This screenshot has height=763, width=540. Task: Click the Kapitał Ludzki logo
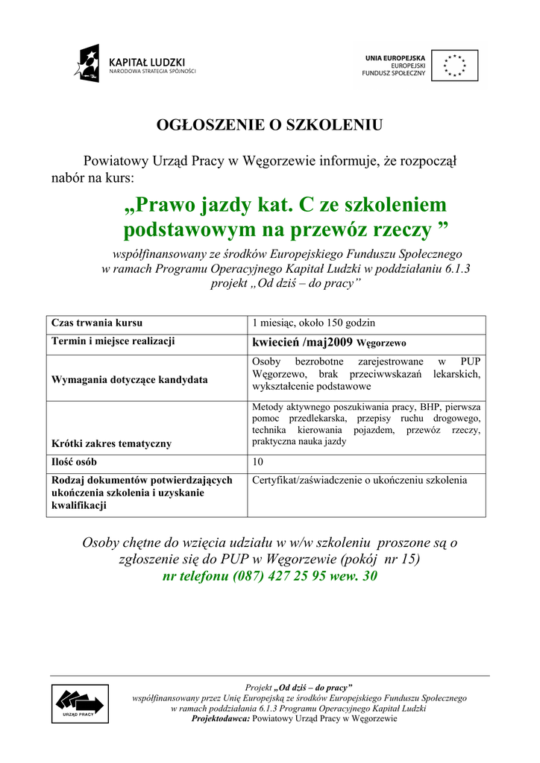(134, 64)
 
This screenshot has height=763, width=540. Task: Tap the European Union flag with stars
(455, 65)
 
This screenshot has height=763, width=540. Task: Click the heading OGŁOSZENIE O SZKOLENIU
(269, 125)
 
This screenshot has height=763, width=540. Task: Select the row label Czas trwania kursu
(97, 323)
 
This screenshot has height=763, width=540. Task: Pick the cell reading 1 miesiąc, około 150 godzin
(313, 323)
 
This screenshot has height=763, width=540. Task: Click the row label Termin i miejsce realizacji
(113, 341)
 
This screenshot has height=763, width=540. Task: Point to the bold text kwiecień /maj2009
(303, 343)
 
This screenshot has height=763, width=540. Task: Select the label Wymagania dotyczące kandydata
(129, 379)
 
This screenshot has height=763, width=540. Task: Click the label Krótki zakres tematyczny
(111, 443)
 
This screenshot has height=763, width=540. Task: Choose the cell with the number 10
(257, 462)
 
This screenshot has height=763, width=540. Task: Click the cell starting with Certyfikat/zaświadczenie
(360, 481)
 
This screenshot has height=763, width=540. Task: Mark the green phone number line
(269, 577)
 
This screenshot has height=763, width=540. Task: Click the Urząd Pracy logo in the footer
(79, 703)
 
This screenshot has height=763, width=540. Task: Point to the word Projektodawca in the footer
(222, 718)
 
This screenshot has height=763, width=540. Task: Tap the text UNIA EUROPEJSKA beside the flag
(395, 57)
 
